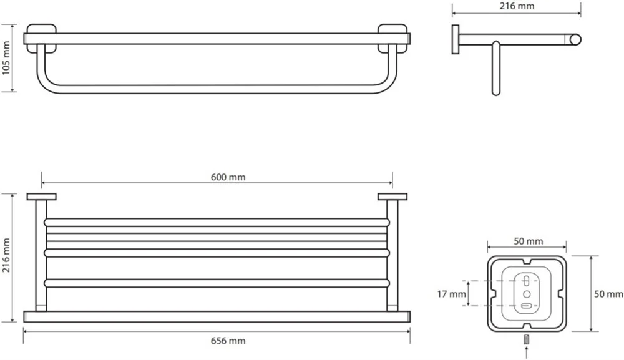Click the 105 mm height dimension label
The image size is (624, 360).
[x=6, y=58]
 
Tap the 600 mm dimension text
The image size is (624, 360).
[x=228, y=177]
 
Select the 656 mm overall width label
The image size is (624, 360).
[x=228, y=341]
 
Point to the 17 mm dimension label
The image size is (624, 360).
[x=451, y=294]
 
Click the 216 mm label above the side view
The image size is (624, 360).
[x=517, y=6]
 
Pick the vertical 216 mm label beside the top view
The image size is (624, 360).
[x=6, y=255]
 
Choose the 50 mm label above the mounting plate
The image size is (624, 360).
[x=528, y=241]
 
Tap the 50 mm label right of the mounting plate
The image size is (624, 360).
[x=608, y=294]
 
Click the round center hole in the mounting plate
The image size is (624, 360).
[x=527, y=294]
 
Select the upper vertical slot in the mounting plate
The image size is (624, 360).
[x=527, y=281]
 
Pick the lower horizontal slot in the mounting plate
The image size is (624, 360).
[x=527, y=306]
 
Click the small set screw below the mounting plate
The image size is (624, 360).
[x=527, y=339]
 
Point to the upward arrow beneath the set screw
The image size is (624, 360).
[x=527, y=353]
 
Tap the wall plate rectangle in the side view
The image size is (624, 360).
[x=456, y=39]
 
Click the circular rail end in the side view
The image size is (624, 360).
[x=575, y=40]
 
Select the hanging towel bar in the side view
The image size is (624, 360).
[x=495, y=68]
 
